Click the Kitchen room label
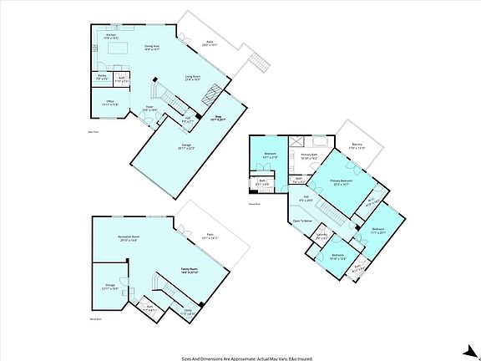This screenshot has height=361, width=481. coord(110,35)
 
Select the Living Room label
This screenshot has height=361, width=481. coord(192,77)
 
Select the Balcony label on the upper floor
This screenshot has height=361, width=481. coord(357,145)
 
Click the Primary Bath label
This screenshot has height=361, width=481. coord(308,155)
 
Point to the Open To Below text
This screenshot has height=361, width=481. coord(302,221)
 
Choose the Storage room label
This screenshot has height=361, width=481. coord(108,285)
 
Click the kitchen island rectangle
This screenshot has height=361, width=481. coord(116,51)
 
